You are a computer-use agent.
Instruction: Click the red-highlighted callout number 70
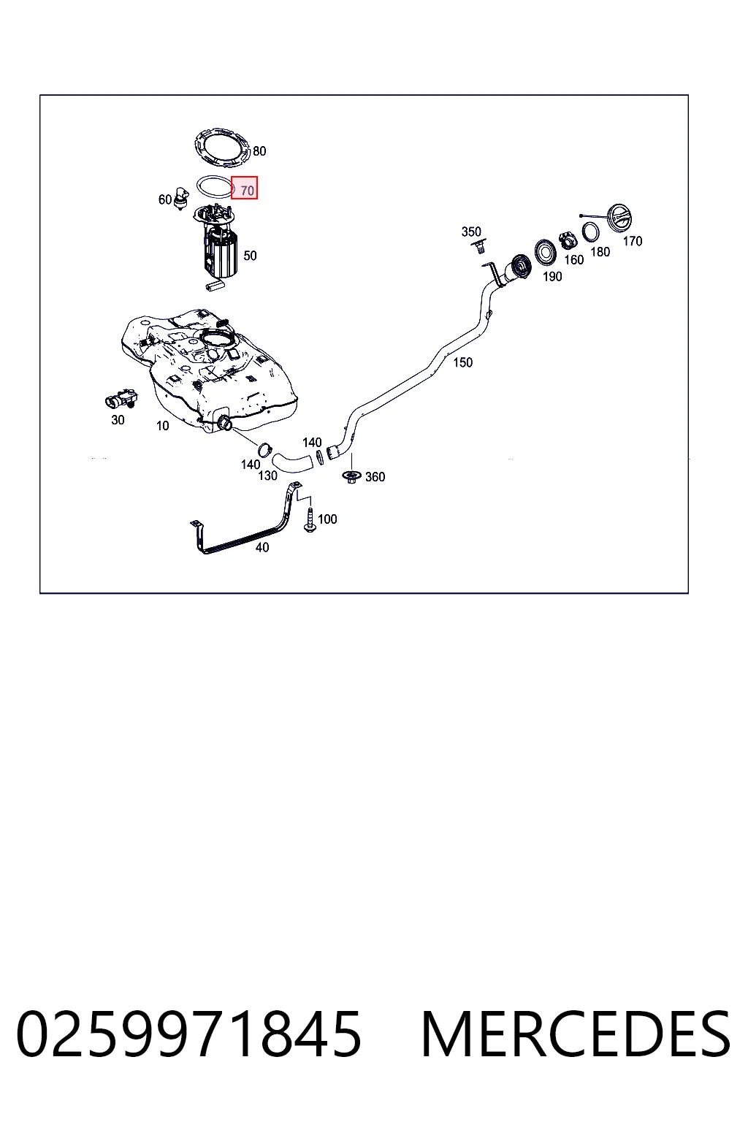tap(247, 191)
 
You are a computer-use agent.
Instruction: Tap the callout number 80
tap(259, 150)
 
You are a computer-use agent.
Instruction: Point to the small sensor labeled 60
tap(181, 197)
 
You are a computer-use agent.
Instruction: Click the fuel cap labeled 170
tap(618, 218)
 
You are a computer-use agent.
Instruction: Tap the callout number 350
tap(471, 232)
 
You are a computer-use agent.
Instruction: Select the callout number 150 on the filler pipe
tap(462, 362)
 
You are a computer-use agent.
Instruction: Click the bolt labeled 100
tap(310, 519)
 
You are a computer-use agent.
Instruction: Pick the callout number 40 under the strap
tap(262, 547)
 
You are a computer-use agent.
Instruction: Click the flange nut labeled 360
tap(351, 476)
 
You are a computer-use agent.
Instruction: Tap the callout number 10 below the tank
tap(162, 426)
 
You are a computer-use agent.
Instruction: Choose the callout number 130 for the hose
tap(267, 476)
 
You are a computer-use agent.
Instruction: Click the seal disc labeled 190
tap(545, 253)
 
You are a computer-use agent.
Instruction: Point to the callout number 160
tap(573, 259)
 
